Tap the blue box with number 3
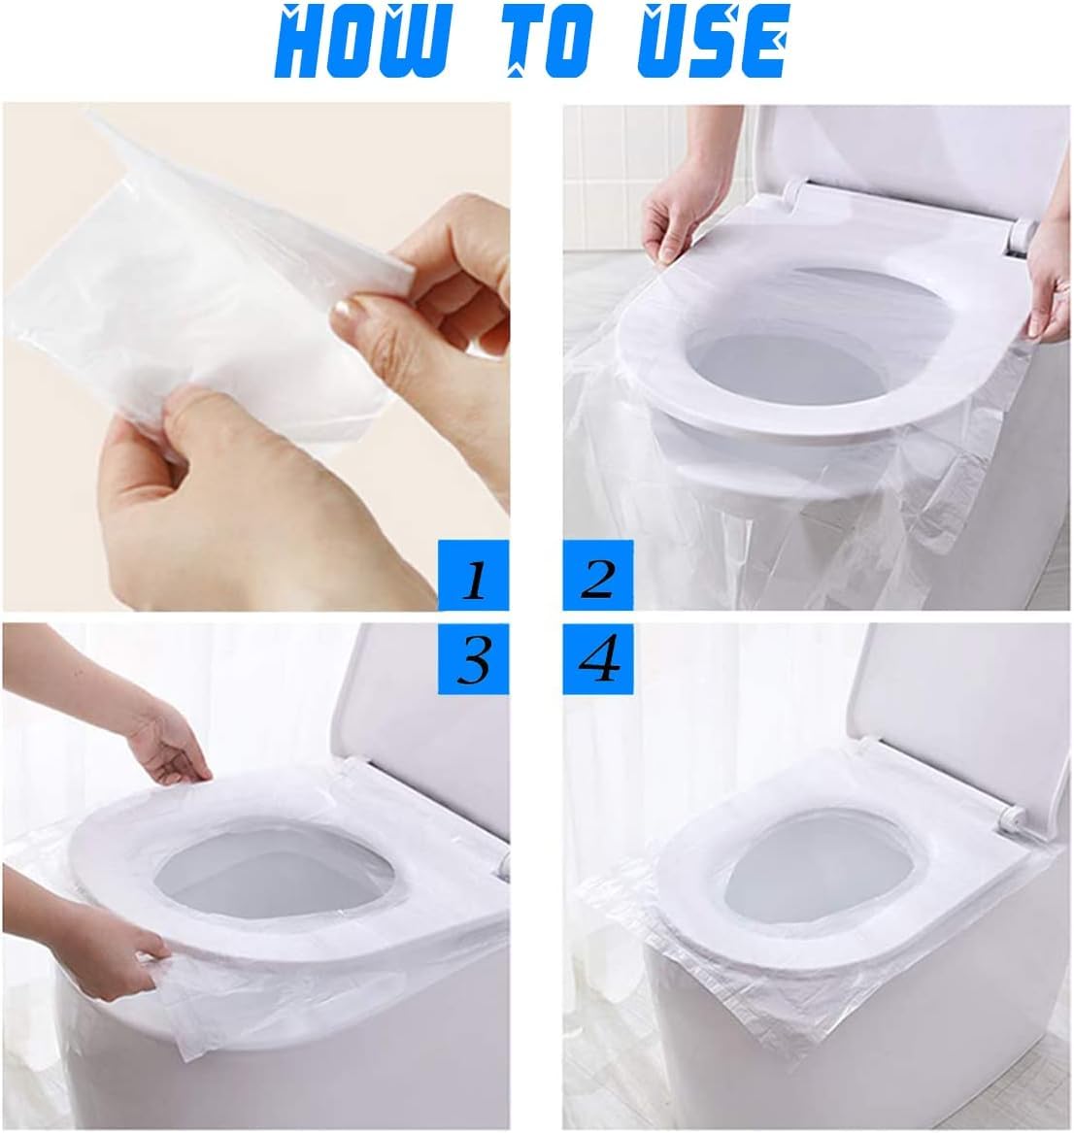pos(473,659)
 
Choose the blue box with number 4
pos(598,659)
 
